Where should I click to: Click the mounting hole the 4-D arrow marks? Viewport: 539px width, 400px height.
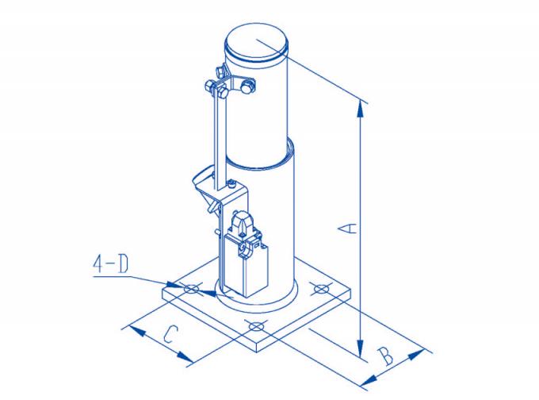pyautogui.click(x=191, y=290)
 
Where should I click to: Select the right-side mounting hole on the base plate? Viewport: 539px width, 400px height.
pyautogui.click(x=320, y=288)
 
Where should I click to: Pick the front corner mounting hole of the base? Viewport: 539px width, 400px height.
pyautogui.click(x=255, y=326)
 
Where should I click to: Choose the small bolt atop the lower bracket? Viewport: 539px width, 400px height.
pyautogui.click(x=231, y=184)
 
